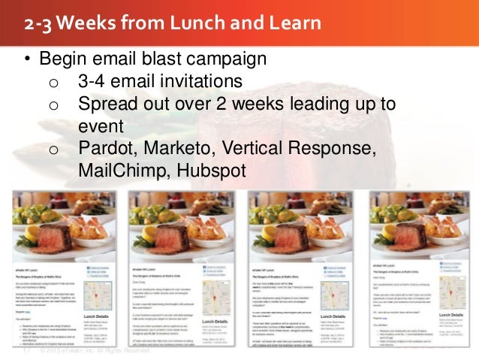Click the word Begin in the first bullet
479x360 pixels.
coord(64,59)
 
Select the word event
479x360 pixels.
coord(101,126)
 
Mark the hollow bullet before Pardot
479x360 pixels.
coord(53,150)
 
